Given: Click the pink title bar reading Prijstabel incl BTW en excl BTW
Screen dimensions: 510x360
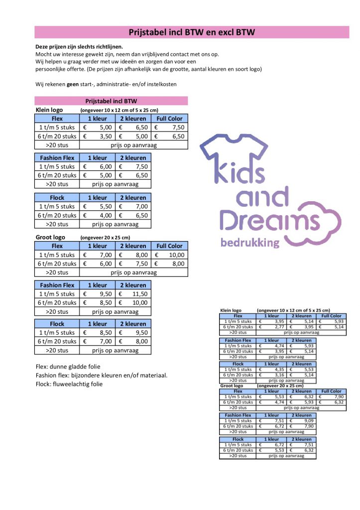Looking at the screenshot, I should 192,32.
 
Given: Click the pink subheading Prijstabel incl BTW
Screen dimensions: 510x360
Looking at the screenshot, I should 111,101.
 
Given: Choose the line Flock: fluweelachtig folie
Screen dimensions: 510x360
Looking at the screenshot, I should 69,384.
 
